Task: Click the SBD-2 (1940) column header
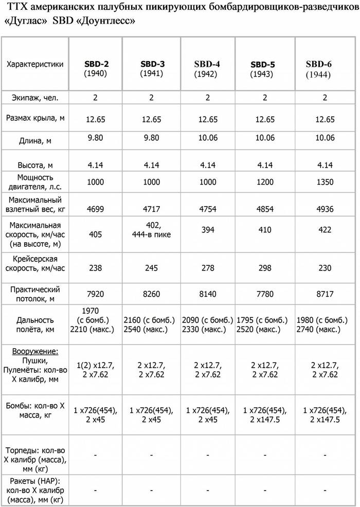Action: coord(96,69)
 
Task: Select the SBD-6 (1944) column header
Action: coord(319,69)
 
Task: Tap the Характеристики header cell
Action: coord(35,64)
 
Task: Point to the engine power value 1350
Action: coord(325,182)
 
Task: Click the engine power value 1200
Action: coord(265,182)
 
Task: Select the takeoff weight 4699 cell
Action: coord(96,209)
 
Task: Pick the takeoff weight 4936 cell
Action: coord(325,209)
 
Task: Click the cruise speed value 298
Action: coord(265,268)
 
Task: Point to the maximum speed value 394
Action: coord(208,230)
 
